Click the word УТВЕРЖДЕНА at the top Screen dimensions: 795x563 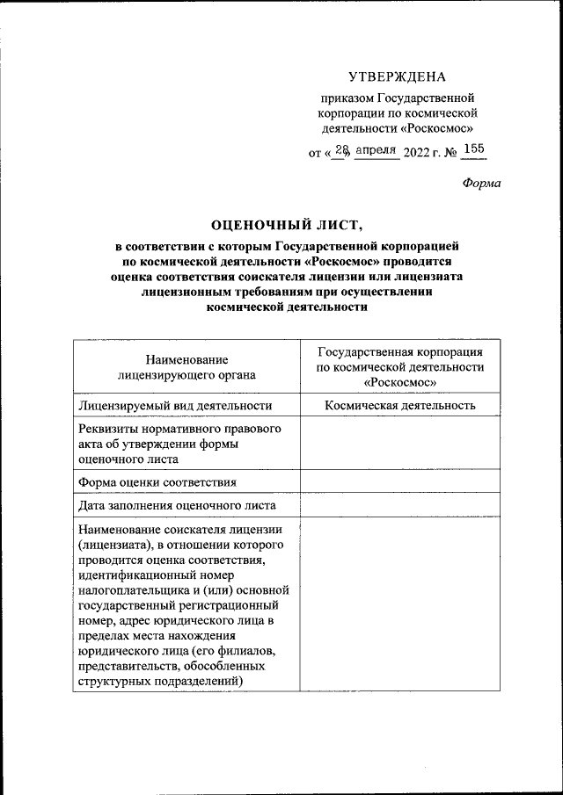(x=397, y=76)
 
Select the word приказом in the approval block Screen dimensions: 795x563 (x=347, y=98)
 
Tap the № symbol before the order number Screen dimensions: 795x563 (x=450, y=153)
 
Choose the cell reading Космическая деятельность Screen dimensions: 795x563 (x=400, y=405)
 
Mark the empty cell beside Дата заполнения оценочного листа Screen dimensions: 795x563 (x=400, y=505)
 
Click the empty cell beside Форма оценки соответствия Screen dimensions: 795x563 (x=400, y=481)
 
